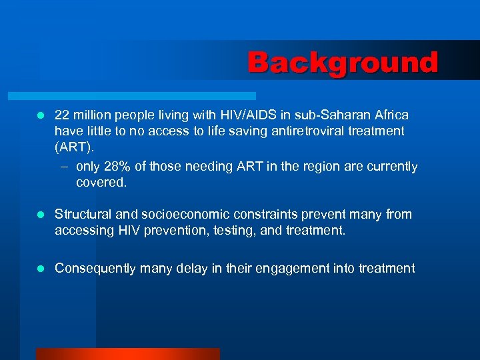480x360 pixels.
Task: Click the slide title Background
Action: tap(343, 63)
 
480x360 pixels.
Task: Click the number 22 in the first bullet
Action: tap(62, 115)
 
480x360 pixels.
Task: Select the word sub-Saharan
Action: tap(325, 115)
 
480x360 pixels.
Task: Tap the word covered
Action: tap(101, 182)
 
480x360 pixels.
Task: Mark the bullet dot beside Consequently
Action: tap(40, 269)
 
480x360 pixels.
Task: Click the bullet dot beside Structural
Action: tap(40, 215)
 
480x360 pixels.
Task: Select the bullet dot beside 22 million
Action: tap(40, 115)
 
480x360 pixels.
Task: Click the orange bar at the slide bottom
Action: tap(127, 353)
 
